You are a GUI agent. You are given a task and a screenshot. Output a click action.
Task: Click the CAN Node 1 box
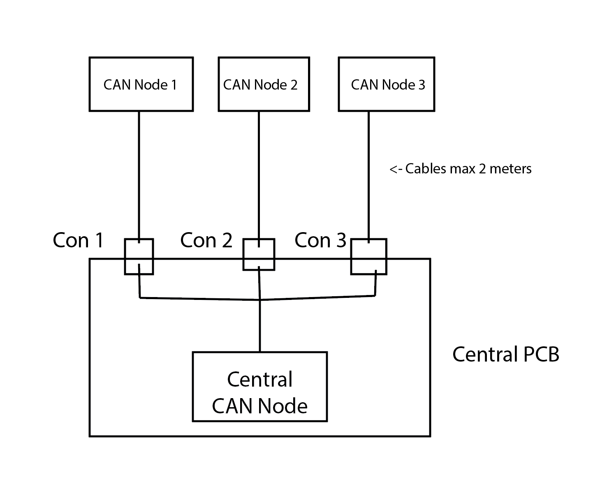coord(141,84)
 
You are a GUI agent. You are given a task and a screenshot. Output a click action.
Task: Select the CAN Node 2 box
coord(263,84)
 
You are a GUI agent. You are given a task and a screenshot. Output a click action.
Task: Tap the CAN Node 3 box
coord(386,84)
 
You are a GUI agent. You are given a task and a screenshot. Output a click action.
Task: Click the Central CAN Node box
coord(259,387)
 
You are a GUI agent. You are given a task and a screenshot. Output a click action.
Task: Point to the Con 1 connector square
coord(139,256)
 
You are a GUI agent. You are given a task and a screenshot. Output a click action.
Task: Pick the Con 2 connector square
coord(259,254)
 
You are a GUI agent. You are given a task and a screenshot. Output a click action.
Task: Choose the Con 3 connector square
coord(368,256)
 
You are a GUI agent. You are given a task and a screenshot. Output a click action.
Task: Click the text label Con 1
coord(78,240)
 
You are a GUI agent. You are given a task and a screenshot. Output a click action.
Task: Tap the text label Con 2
coord(206,240)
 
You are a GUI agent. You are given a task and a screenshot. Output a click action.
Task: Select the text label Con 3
coord(320,240)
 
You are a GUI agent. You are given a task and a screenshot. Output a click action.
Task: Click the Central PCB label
coord(505,354)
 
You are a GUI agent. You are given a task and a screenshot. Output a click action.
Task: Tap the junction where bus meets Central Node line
coord(259,300)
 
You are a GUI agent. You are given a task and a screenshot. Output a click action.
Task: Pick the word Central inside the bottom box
coord(259,379)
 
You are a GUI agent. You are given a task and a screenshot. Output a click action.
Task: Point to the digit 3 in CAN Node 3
coord(422,85)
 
